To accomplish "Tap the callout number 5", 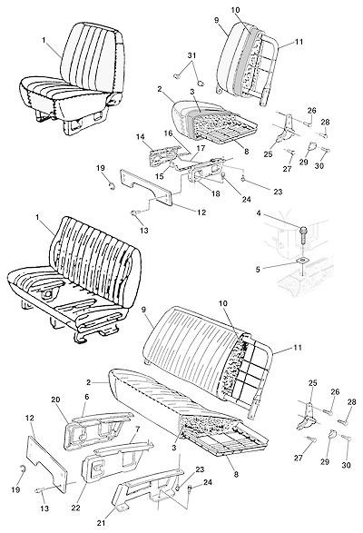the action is [258, 270].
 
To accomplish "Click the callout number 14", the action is [141, 137].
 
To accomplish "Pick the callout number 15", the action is [160, 176].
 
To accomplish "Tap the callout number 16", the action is [168, 133].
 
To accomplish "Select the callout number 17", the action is [201, 148].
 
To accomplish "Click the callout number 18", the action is [216, 193].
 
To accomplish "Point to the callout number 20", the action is [55, 400].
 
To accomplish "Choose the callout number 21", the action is [101, 523].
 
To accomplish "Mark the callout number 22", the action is [75, 508].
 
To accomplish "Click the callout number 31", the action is [191, 55].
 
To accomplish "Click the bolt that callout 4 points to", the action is [303, 235].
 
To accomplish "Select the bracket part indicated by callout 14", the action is [165, 154].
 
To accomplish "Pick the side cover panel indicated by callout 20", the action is [97, 429].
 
